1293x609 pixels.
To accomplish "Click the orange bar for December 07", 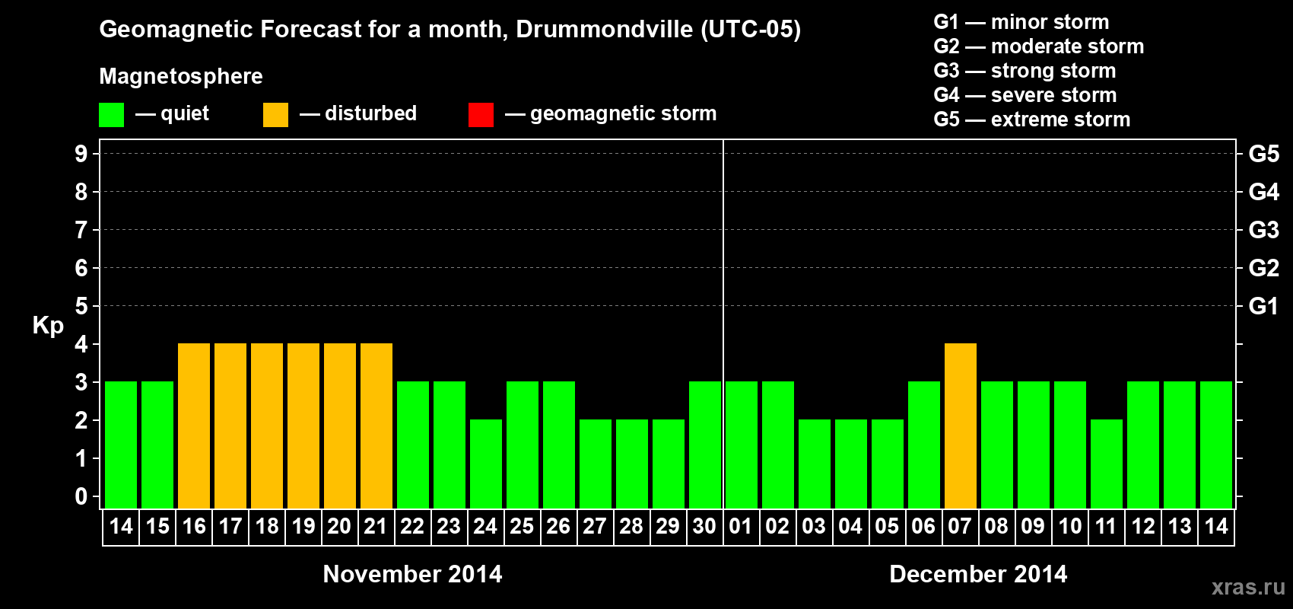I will pos(960,426).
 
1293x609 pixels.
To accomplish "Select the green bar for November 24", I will pos(485,464).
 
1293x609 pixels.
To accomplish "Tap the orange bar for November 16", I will pos(194,426).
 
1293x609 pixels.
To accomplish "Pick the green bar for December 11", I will pos(1106,464).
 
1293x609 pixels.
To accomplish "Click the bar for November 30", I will pos(704,445).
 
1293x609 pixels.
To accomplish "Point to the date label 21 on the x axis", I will pos(376,526).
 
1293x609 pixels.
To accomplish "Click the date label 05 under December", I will pos(887,526).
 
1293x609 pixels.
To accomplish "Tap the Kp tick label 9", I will pos(81,154).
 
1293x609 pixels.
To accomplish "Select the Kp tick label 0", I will pos(81,496).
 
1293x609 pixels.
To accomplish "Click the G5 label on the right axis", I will pos(1263,154).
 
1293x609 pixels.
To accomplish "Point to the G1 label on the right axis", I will pos(1263,306).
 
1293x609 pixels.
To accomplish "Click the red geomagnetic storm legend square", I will pos(481,114).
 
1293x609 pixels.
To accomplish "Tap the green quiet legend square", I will pos(112,114).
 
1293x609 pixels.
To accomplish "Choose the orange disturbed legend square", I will pos(275,114).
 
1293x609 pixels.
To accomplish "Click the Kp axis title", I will pos(48,325).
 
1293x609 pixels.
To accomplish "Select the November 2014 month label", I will pos(412,574).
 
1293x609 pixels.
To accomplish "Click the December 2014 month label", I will pos(978,574).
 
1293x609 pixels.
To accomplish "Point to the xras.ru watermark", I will pos(1248,586).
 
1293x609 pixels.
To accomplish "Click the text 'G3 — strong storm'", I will pos(1025,71).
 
